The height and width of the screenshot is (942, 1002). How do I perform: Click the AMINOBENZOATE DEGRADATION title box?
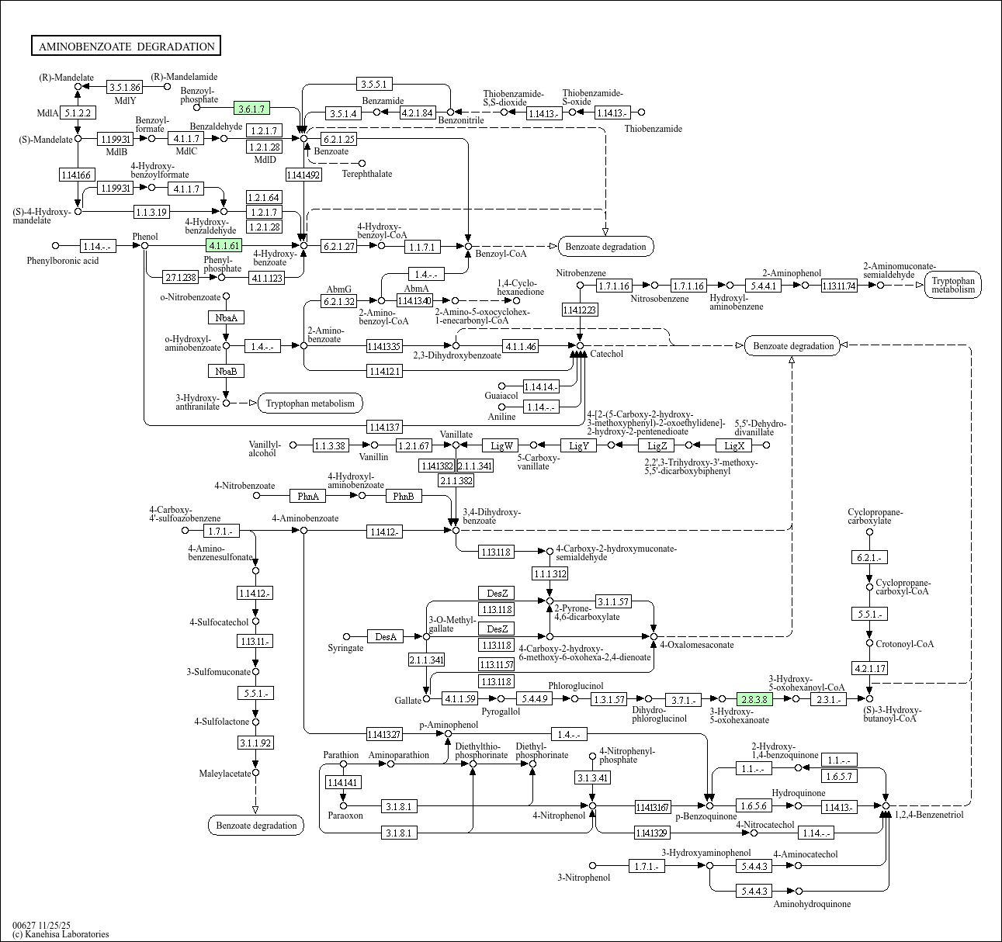tap(126, 47)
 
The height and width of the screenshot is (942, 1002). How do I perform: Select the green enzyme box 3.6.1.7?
tap(252, 109)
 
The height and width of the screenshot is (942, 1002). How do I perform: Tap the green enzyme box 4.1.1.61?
tap(224, 246)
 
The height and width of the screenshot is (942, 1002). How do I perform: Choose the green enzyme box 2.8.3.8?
tap(754, 699)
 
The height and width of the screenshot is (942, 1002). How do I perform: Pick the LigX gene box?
tap(734, 445)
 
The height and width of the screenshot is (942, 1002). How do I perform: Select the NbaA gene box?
tap(226, 317)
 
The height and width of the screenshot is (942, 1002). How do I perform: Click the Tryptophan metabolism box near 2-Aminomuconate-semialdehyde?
tap(953, 285)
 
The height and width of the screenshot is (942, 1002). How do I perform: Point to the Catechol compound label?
tap(606, 354)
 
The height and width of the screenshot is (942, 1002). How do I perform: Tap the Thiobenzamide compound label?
tap(653, 129)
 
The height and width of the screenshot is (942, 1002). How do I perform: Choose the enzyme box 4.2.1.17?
tap(869, 668)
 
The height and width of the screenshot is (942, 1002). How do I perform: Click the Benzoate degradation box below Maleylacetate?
tap(256, 825)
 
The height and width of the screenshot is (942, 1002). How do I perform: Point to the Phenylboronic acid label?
tap(63, 261)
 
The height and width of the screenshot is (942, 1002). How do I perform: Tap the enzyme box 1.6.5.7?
tap(839, 776)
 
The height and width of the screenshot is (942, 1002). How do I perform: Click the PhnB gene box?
tap(403, 496)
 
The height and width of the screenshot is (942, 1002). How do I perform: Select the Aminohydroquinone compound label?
tap(812, 904)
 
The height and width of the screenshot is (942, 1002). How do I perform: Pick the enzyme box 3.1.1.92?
tap(255, 743)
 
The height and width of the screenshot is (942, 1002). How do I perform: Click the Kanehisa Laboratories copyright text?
tap(61, 934)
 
